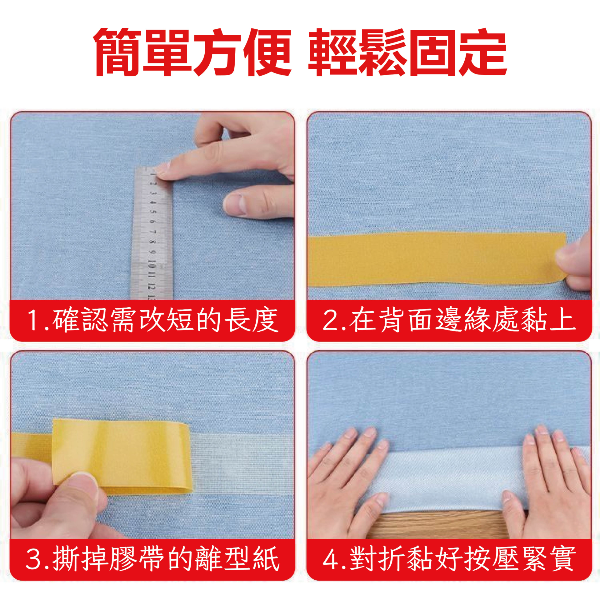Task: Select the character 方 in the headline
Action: pos(217,52)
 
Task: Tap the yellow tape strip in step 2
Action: pos(437,259)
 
